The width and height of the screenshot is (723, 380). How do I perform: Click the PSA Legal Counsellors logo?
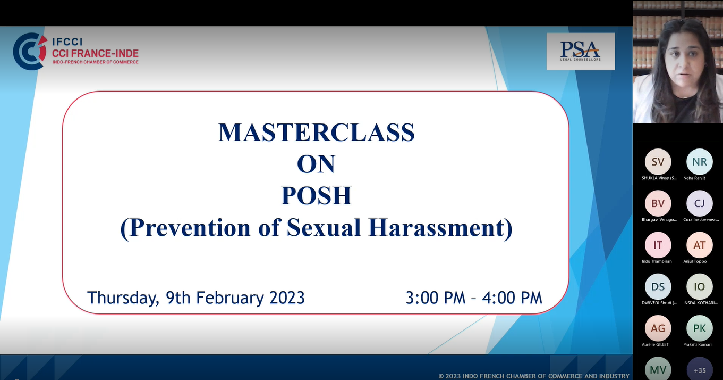pyautogui.click(x=580, y=51)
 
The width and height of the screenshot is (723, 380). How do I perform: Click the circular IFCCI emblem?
pyautogui.click(x=30, y=51)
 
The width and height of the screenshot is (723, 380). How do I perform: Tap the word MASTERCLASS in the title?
pyautogui.click(x=316, y=133)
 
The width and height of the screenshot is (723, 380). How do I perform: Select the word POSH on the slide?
pyautogui.click(x=316, y=195)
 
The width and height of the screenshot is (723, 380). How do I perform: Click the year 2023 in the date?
pyautogui.click(x=287, y=298)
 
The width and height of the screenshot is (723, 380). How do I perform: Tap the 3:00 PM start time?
pyautogui.click(x=436, y=298)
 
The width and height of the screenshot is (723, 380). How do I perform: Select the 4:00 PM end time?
pyautogui.click(x=512, y=298)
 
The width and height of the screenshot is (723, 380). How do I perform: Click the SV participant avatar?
pyautogui.click(x=658, y=162)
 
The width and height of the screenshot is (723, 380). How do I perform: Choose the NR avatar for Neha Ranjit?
pyautogui.click(x=700, y=162)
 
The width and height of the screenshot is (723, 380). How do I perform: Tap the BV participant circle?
pyautogui.click(x=658, y=203)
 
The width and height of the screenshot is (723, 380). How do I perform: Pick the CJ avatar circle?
pyautogui.click(x=700, y=203)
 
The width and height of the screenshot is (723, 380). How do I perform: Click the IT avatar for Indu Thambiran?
pyautogui.click(x=658, y=245)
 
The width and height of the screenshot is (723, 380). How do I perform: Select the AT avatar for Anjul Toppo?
pyautogui.click(x=700, y=245)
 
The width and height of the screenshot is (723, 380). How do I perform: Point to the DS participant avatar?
pyautogui.click(x=658, y=286)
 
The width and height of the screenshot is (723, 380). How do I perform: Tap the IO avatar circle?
pyautogui.click(x=700, y=286)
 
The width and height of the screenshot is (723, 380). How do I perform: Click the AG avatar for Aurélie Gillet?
pyautogui.click(x=658, y=328)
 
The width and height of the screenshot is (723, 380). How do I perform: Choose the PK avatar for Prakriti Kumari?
pyautogui.click(x=700, y=328)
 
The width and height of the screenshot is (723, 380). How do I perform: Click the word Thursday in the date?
pyautogui.click(x=123, y=298)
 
